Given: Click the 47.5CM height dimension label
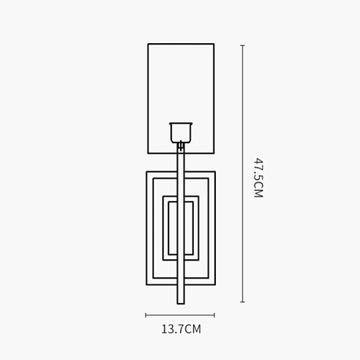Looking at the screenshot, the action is coord(258,178).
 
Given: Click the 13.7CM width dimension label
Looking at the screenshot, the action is coord(181,329).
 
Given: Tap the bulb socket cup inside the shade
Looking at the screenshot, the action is coord(181,132).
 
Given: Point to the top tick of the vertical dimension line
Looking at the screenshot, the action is coord(243,45).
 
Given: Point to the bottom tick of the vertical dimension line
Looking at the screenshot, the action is coord(243,302).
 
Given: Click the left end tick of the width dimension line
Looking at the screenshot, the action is coord(145,315).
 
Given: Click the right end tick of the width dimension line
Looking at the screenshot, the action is coord(215,315).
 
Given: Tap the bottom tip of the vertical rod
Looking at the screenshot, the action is coord(181,304).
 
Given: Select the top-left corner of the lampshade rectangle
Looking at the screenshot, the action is coord(148,44).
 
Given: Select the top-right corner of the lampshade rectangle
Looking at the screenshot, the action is coord(214,44).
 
